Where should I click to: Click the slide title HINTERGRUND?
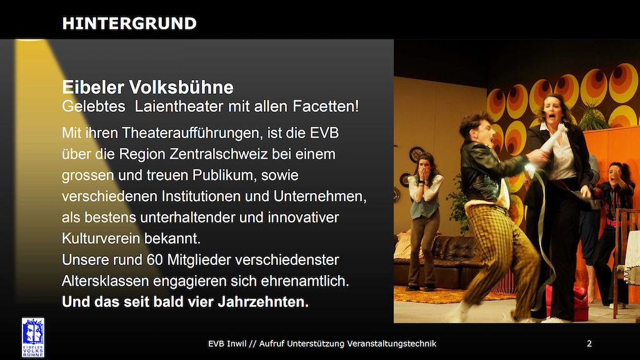coord(129,24)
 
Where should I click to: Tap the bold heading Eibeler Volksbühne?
coord(147,87)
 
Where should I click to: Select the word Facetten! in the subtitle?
coord(326,106)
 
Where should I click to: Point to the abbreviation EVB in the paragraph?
coord(324,133)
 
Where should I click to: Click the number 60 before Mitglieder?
coord(155,260)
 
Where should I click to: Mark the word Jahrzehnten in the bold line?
coord(263,302)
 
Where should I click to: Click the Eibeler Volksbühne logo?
coord(33,337)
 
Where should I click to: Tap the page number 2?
coord(589,344)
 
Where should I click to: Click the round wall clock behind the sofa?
coord(416,155)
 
